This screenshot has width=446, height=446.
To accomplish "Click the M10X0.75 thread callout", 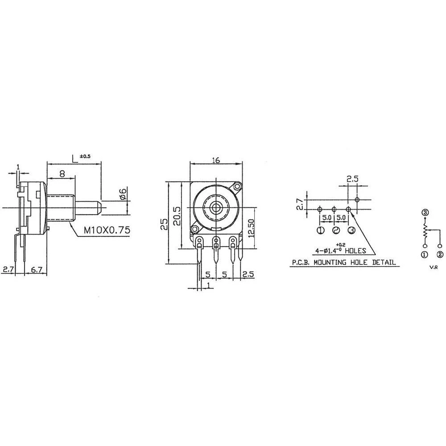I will click(x=107, y=231).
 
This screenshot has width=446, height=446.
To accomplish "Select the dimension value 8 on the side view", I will click(x=62, y=174).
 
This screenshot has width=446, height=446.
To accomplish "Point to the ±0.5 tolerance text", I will click(x=85, y=157).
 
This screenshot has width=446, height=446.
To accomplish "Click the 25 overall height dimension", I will click(x=164, y=222).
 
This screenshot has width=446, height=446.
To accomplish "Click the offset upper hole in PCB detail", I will click(x=356, y=199).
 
